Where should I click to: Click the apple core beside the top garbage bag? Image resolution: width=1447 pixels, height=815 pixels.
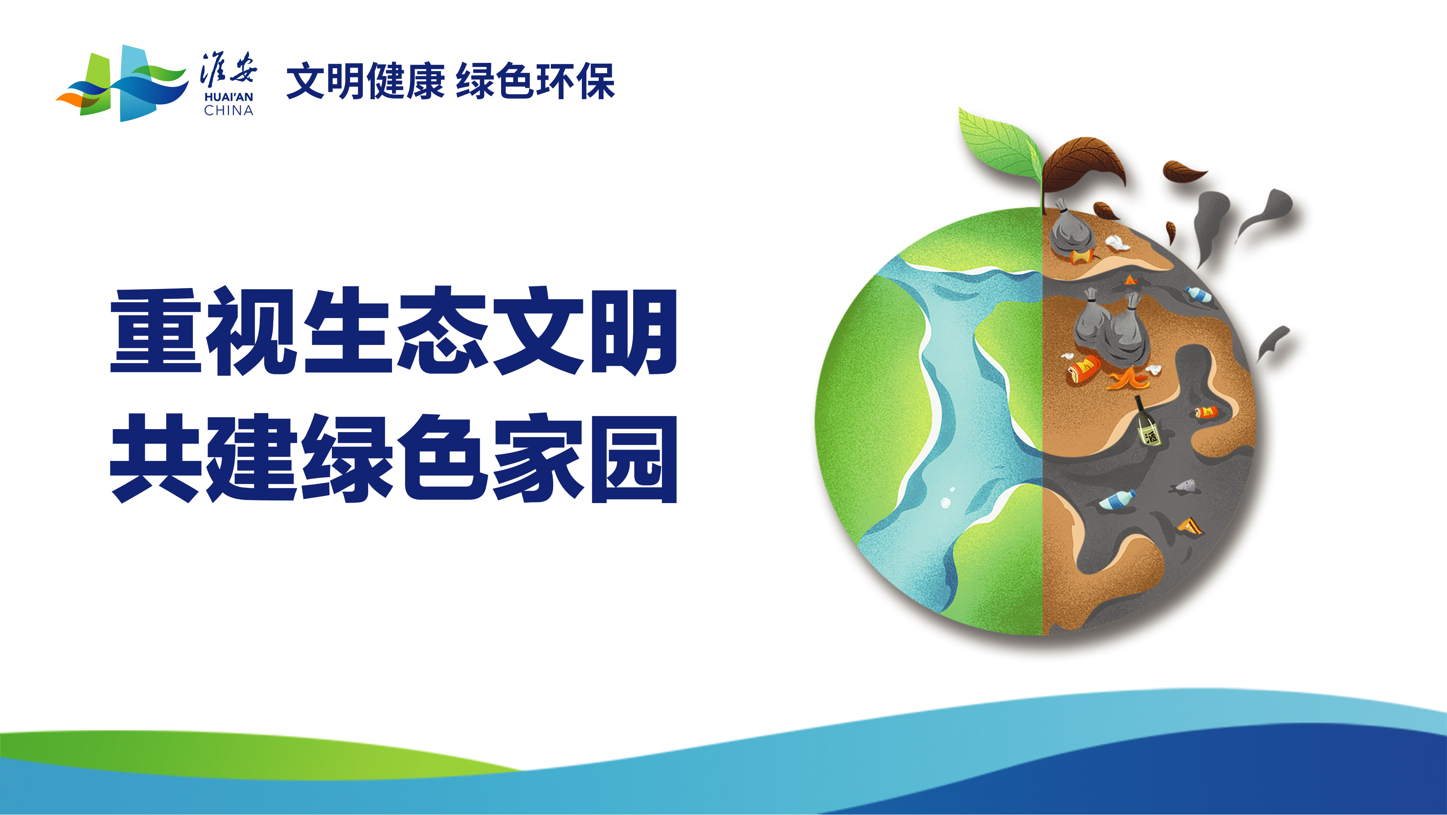[1083, 257]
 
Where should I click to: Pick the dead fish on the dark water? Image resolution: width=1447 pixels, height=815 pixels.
[1185, 487]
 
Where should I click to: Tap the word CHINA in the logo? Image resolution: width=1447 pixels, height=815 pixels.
[229, 111]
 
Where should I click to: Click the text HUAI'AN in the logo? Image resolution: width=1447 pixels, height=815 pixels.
[229, 97]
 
